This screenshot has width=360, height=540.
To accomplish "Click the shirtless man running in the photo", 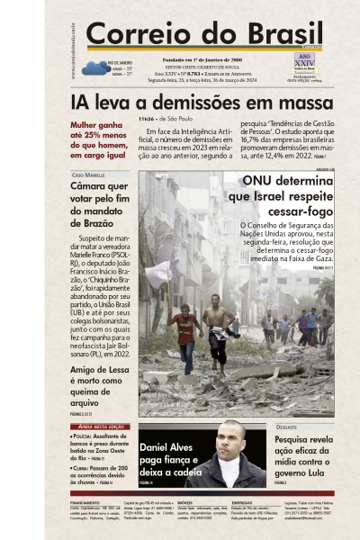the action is point(218,328).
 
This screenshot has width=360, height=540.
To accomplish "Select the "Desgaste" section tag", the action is point(289,427).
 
